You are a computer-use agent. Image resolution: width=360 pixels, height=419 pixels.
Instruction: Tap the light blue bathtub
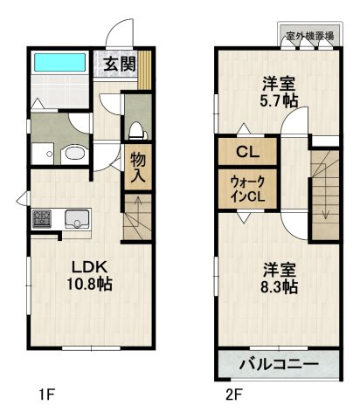[x=59, y=65]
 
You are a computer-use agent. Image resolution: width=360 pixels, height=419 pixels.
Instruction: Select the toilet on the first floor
[x=135, y=131]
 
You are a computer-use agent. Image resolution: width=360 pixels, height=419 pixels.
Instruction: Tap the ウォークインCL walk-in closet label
[x=247, y=189]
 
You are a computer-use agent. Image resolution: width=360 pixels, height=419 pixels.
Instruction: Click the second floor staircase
[x=324, y=188]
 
